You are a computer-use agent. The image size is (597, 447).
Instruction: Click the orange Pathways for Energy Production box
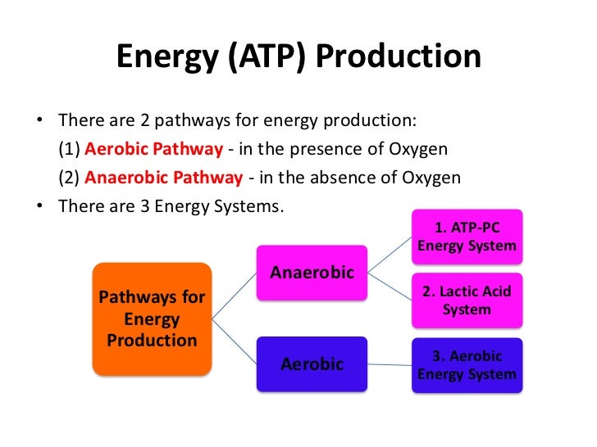(153, 318)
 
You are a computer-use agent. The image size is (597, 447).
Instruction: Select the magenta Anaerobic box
(312, 272)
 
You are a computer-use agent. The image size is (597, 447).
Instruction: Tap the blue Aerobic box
(312, 363)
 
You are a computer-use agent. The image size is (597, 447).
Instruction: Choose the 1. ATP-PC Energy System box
(467, 236)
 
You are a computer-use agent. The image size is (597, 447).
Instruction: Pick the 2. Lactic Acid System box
(467, 300)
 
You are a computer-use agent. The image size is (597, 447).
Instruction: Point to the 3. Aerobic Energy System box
(467, 365)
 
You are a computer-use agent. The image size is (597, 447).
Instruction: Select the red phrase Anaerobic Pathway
(163, 178)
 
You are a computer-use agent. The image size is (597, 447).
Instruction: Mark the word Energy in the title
(160, 56)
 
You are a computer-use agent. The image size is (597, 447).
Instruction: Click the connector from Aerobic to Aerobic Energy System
(390, 363)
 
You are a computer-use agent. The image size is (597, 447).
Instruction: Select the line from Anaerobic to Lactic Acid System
(390, 285)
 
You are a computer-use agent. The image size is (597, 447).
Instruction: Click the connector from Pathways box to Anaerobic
(235, 295)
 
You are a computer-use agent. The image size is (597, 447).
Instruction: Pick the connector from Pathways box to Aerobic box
(235, 340)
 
